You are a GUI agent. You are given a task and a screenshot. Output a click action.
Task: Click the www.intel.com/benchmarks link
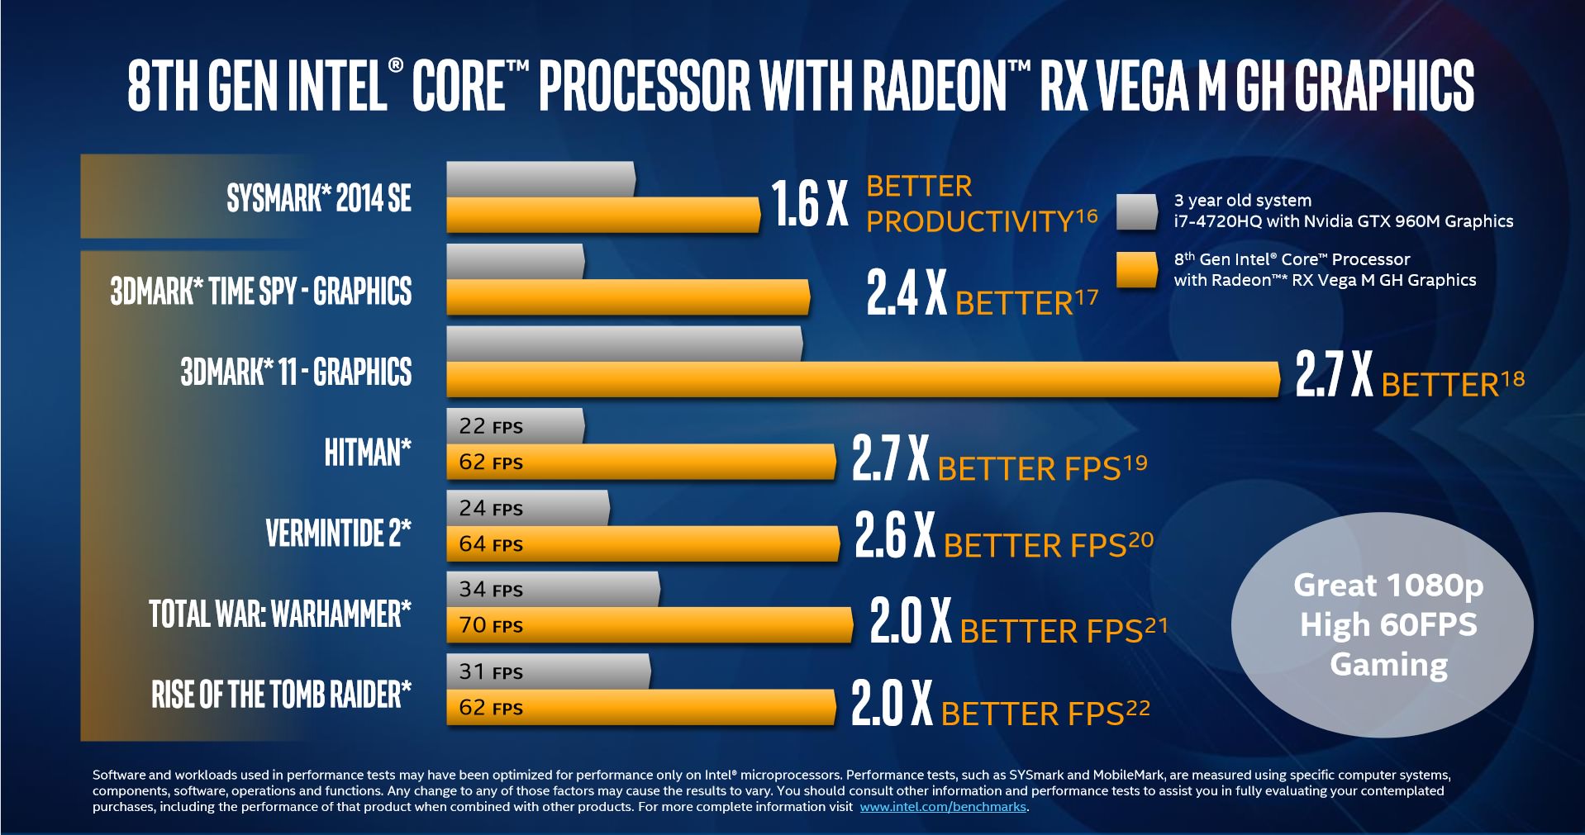943,807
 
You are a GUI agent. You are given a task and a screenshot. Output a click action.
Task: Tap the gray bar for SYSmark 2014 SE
540,178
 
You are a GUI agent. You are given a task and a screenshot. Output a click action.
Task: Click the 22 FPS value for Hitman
491,426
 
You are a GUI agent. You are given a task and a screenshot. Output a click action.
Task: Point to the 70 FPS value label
491,625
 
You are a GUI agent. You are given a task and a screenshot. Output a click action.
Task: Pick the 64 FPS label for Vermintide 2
491,544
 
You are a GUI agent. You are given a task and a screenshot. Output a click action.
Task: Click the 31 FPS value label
491,672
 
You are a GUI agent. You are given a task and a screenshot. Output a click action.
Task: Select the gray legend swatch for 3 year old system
1136,211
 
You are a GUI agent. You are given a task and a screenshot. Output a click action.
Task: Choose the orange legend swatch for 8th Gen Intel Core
1136,270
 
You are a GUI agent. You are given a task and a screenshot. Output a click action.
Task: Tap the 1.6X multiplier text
809,204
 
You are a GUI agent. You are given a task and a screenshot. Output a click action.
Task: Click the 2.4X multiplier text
906,292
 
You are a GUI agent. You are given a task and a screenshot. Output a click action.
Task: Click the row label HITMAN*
367,453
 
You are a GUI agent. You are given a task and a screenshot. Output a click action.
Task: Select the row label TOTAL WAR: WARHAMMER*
279,614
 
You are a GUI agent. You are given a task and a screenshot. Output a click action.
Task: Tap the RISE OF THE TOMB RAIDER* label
281,695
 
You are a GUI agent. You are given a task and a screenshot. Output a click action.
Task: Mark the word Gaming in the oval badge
1388,665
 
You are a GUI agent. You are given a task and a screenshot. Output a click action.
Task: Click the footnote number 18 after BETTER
1513,379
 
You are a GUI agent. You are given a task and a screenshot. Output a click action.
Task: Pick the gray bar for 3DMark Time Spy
515,261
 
